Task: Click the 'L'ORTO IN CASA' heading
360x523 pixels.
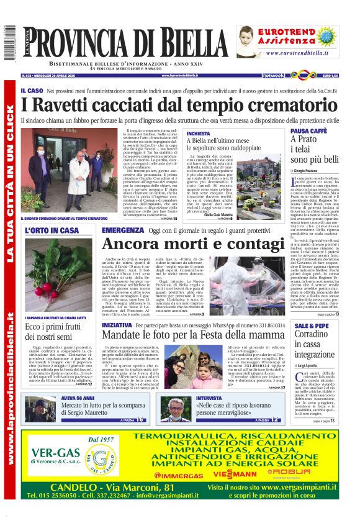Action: click(x=52, y=230)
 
